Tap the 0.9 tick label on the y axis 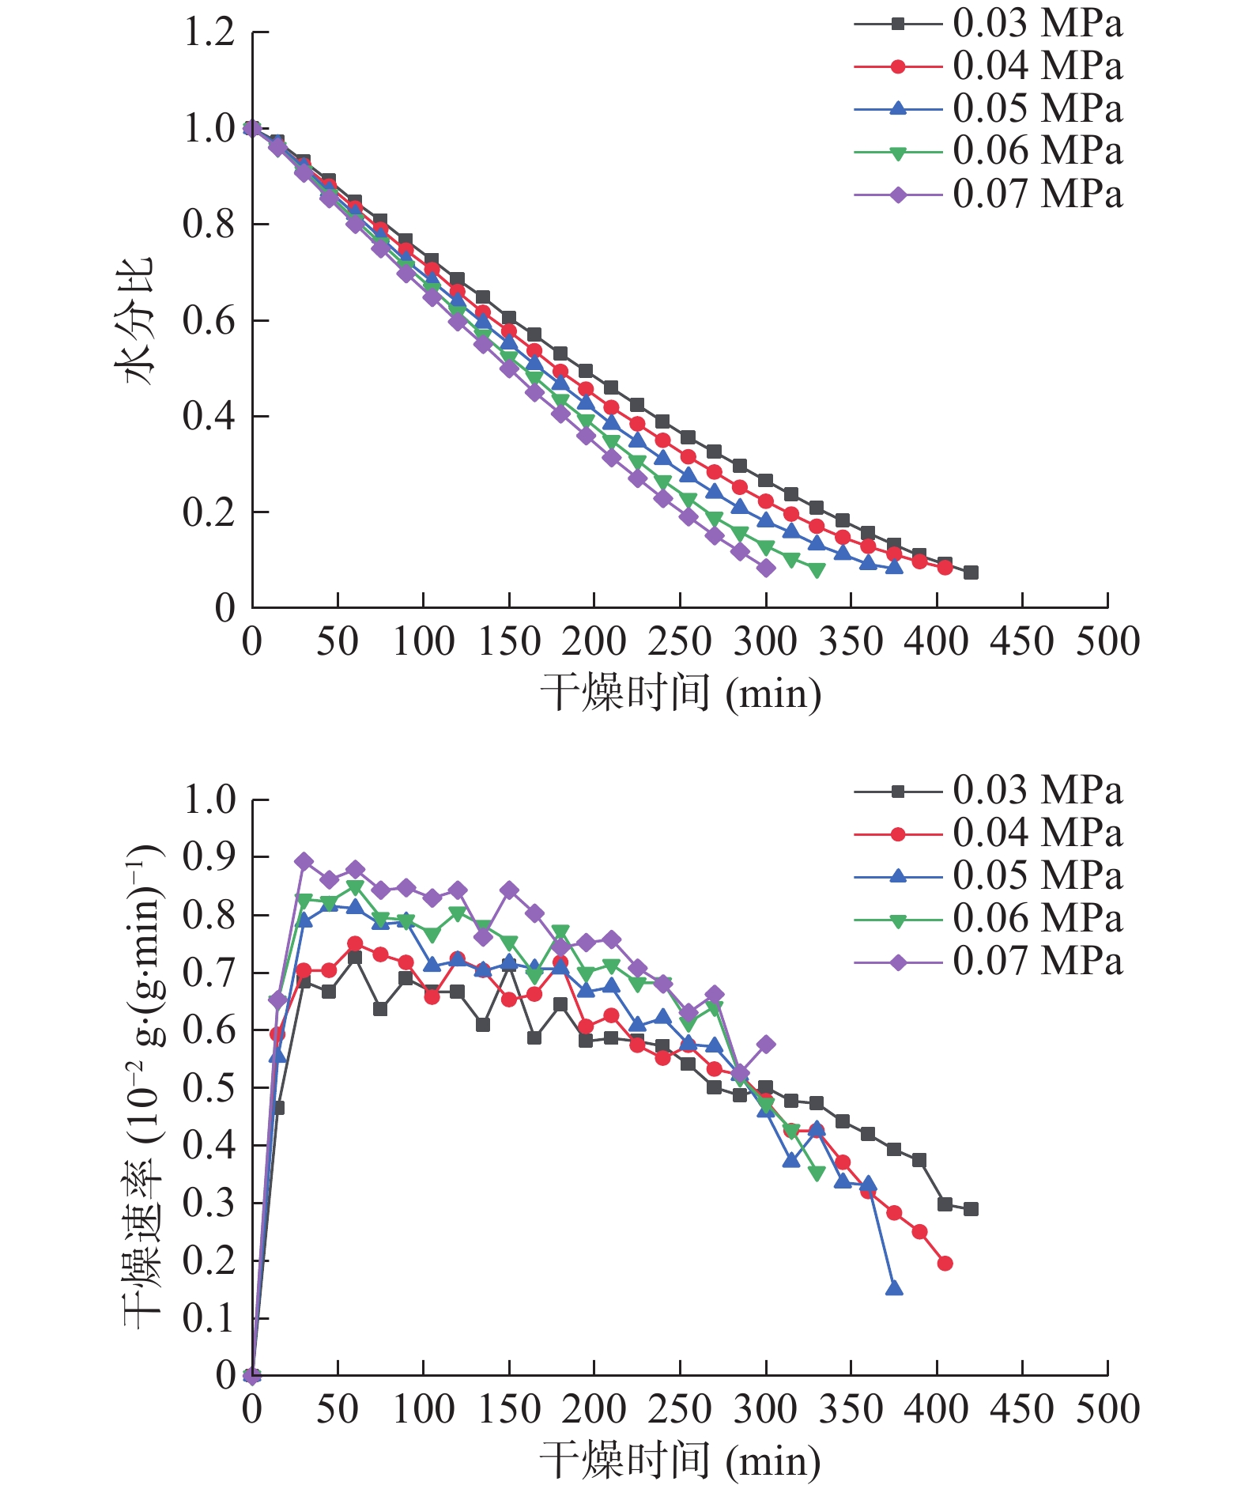tap(209, 857)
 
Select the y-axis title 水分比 tap(136, 320)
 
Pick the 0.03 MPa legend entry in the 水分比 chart tap(988, 24)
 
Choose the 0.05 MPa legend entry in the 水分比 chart tap(988, 109)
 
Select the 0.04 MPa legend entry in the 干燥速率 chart tap(988, 833)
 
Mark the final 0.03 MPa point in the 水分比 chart tap(971, 573)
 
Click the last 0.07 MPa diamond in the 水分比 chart tap(766, 568)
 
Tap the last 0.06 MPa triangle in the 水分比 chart tap(817, 570)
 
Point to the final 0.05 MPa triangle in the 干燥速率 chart tap(894, 1288)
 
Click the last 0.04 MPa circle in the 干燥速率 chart tap(945, 1264)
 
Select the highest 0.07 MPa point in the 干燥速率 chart tap(304, 861)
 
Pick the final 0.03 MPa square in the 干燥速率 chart tap(971, 1209)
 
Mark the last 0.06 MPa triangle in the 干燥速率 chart tap(817, 1173)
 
